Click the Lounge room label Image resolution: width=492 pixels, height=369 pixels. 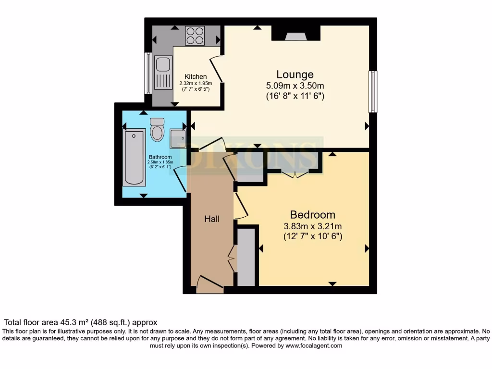(295, 74)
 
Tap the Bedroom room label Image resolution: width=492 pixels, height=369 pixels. (312, 214)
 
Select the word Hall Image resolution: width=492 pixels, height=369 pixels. (212, 219)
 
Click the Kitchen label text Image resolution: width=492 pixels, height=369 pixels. (196, 76)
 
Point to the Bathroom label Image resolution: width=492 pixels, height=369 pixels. (160, 157)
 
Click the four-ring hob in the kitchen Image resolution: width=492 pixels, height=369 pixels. (195, 36)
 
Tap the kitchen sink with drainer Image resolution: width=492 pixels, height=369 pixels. (163, 73)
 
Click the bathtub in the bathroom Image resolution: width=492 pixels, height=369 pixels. (134, 157)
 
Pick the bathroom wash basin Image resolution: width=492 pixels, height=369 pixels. (178, 138)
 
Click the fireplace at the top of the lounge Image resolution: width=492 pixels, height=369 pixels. (295, 34)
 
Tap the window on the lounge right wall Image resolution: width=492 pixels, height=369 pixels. (372, 92)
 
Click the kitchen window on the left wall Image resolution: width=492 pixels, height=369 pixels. (148, 73)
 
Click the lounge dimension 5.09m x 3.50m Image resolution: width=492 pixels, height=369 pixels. (295, 86)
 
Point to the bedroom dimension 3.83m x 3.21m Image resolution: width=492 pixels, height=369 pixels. (312, 226)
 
